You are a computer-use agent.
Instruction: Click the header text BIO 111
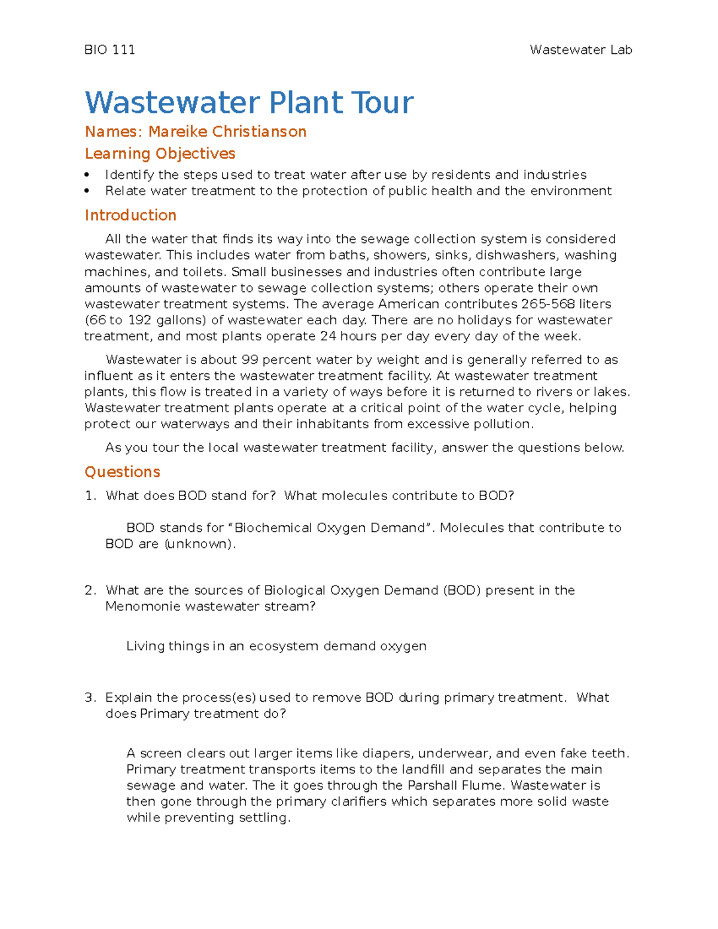(x=109, y=50)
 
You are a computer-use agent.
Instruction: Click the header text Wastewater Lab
(x=580, y=50)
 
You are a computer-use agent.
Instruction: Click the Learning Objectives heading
(x=160, y=154)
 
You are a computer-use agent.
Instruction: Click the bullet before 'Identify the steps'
(x=87, y=175)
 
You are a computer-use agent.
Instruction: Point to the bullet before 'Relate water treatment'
(x=87, y=191)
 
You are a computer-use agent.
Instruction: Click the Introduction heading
(x=130, y=215)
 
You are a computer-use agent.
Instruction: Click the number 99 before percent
(x=250, y=360)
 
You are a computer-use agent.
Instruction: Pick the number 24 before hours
(x=328, y=336)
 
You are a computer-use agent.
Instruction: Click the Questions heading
(x=122, y=472)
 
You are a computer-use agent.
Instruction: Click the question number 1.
(x=90, y=496)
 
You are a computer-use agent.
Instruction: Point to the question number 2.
(x=90, y=590)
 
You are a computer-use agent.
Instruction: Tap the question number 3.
(x=90, y=697)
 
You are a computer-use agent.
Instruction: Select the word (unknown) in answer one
(x=200, y=544)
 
